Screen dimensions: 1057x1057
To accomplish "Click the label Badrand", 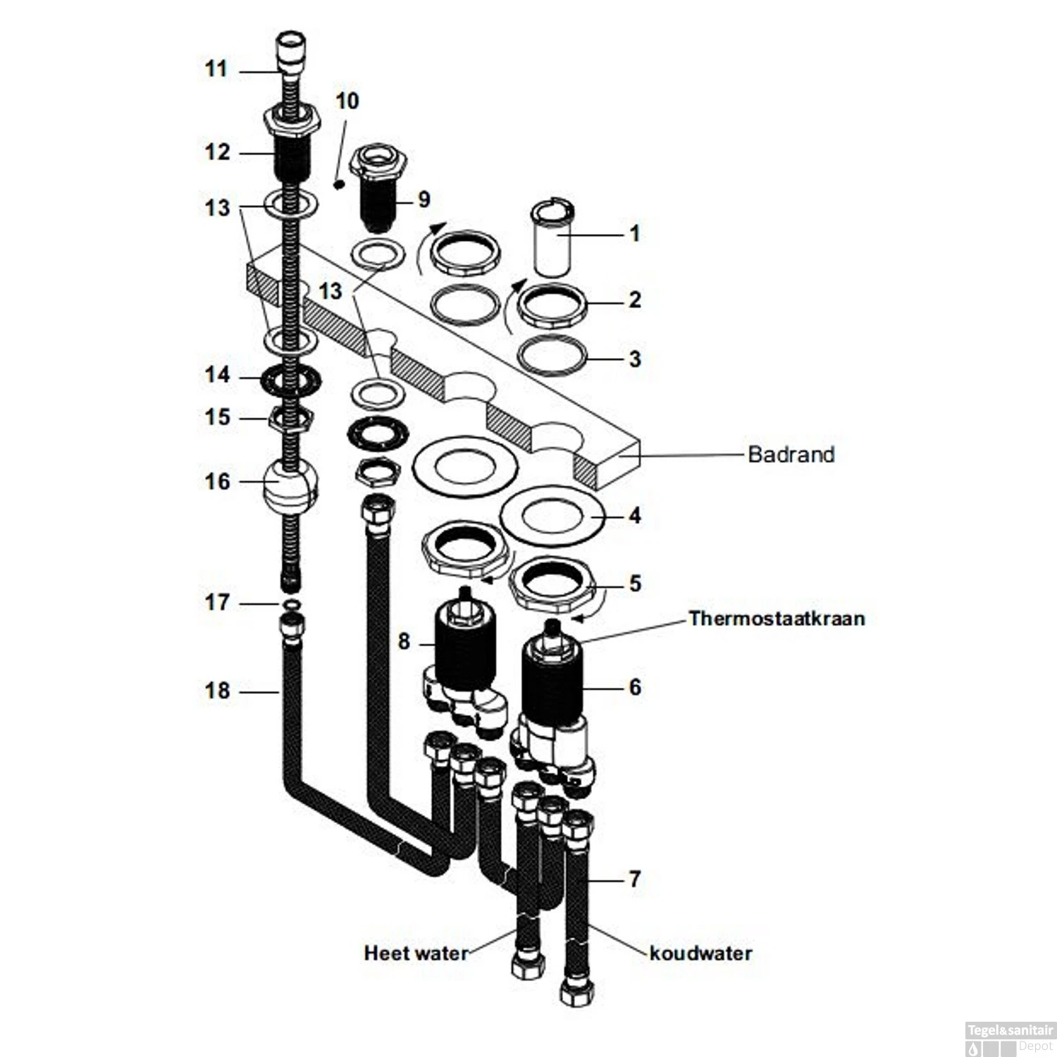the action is point(791,454).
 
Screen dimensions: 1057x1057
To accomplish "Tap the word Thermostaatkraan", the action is point(777,619).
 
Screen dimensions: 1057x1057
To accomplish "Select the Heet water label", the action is point(416,953).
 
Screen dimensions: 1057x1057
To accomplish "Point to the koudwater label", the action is point(700,953).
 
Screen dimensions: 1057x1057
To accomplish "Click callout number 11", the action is point(216,69).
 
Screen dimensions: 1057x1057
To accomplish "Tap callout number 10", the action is point(347,101).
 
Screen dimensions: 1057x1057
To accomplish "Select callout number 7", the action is point(635,879).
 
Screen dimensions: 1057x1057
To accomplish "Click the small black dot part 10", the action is point(338,185).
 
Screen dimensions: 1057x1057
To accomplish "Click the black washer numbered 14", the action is point(290,381).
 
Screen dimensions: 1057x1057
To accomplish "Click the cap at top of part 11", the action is point(292,48).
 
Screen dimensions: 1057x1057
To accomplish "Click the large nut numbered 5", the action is point(552,584).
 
